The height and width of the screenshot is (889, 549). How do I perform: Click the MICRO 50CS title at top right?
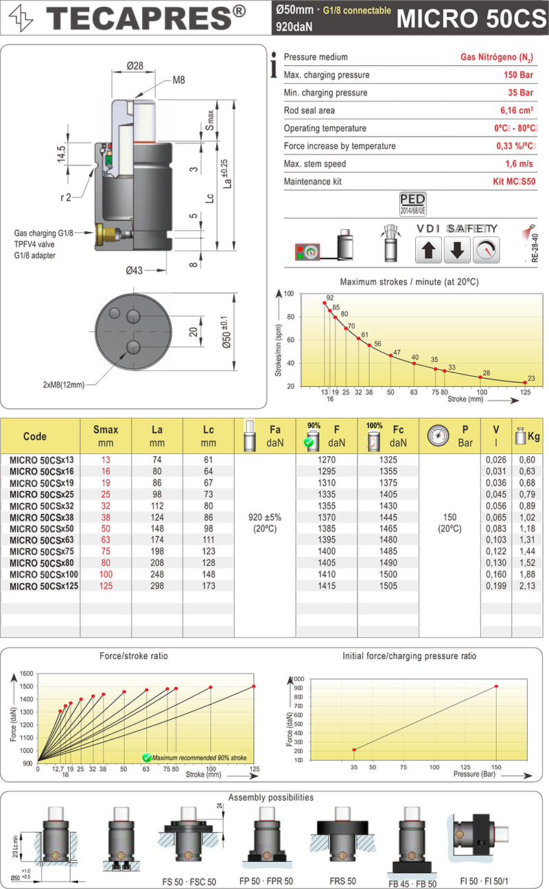(x=471, y=18)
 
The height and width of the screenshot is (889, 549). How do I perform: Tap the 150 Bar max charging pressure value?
(x=518, y=75)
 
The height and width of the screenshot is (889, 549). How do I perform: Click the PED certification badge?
(x=412, y=202)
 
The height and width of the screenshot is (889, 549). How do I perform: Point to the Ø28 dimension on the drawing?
(x=135, y=67)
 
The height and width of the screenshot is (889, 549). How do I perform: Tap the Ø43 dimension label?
(x=134, y=270)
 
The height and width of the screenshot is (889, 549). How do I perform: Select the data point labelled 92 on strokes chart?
(x=325, y=303)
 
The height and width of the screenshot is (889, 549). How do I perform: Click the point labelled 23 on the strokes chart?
(x=525, y=383)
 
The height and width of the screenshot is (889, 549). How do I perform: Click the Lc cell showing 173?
(x=209, y=586)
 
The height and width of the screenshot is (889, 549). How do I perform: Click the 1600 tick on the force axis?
(x=25, y=674)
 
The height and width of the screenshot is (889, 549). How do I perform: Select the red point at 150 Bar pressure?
(x=495, y=686)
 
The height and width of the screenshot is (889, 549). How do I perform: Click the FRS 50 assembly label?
(x=342, y=881)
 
